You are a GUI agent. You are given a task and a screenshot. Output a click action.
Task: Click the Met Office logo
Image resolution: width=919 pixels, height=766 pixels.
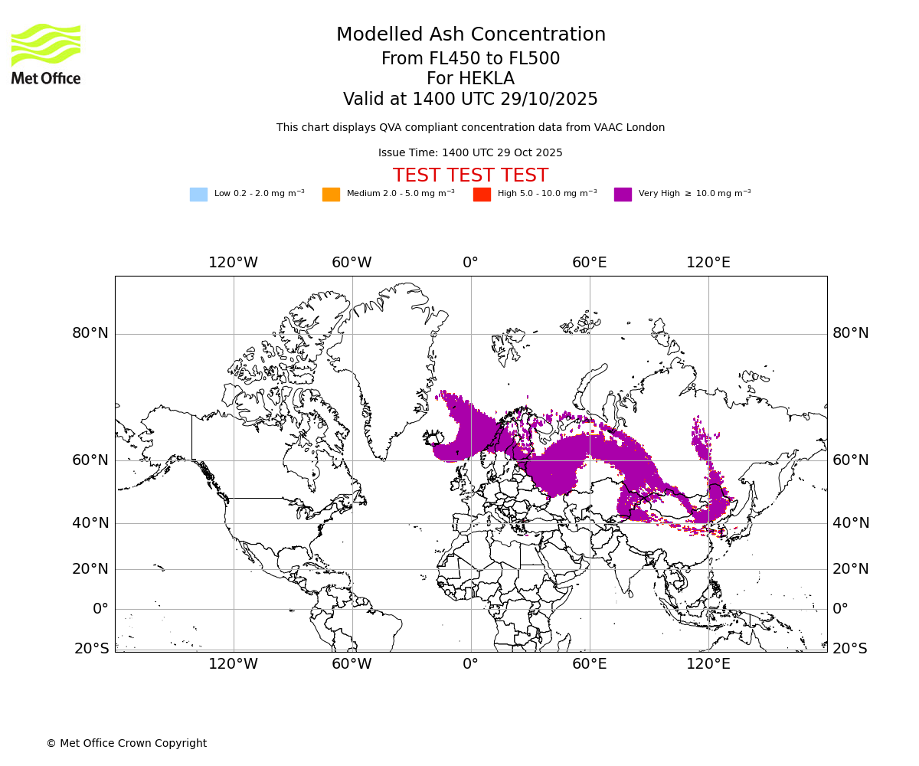click(46, 54)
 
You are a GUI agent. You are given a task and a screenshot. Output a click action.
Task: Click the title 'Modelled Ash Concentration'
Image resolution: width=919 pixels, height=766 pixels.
click(470, 35)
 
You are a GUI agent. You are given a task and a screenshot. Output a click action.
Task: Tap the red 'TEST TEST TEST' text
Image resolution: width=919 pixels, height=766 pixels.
click(470, 175)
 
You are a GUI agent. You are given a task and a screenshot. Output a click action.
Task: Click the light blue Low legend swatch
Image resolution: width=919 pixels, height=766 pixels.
click(198, 195)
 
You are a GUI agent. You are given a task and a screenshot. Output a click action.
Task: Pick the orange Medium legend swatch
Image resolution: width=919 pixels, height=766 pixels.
click(331, 195)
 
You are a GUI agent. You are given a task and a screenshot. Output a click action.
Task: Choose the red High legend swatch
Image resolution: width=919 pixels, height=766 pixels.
click(482, 195)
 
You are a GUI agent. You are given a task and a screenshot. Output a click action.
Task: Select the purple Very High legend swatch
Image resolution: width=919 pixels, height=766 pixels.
click(623, 195)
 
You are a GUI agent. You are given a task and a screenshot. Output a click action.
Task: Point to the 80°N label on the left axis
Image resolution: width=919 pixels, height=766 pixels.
click(90, 333)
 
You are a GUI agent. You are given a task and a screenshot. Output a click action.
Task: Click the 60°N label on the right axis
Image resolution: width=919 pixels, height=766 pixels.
click(851, 460)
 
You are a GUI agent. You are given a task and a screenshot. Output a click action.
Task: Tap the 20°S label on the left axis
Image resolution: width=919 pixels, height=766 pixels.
click(91, 649)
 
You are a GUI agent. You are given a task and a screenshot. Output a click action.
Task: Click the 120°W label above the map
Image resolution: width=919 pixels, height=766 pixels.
click(234, 263)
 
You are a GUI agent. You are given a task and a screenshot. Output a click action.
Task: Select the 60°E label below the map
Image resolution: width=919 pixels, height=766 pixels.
click(590, 664)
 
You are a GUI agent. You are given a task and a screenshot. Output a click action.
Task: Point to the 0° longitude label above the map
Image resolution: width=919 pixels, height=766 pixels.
click(470, 263)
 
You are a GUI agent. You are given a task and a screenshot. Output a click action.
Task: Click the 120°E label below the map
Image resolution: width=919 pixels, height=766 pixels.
click(708, 664)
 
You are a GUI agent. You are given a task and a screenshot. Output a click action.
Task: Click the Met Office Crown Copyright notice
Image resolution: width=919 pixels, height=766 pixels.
click(126, 743)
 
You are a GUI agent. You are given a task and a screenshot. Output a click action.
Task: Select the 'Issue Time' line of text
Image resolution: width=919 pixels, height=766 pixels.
click(470, 153)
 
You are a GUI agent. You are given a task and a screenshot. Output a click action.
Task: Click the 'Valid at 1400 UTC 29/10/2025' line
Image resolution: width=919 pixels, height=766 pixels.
click(470, 100)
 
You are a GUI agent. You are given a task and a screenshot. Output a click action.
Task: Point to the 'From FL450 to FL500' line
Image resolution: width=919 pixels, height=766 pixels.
click(470, 59)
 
